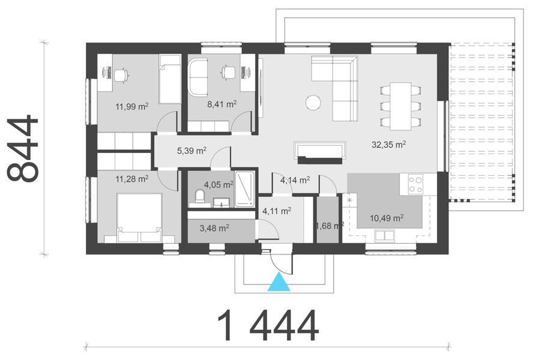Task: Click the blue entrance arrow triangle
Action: pyautogui.click(x=279, y=283)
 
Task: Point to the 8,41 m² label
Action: pyautogui.click(x=221, y=104)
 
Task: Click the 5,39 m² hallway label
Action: pyautogui.click(x=191, y=151)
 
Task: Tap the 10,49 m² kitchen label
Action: pyautogui.click(x=387, y=218)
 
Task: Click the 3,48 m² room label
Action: pyautogui.click(x=214, y=228)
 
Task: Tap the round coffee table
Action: pyautogui.click(x=313, y=103)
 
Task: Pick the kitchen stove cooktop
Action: pyautogui.click(x=415, y=184)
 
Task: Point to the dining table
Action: pyautogui.click(x=400, y=105)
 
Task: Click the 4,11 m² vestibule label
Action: pyautogui.click(x=277, y=211)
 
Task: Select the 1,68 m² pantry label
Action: pyautogui.click(x=329, y=226)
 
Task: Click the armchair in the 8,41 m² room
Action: pyautogui.click(x=197, y=76)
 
